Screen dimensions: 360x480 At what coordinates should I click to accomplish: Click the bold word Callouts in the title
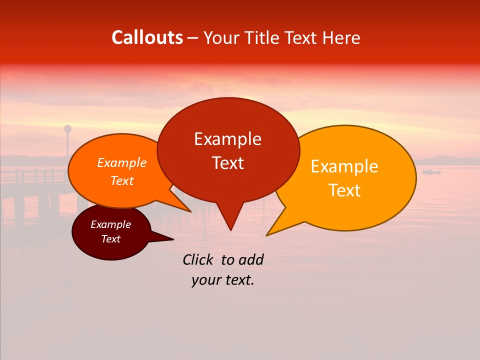click(147, 37)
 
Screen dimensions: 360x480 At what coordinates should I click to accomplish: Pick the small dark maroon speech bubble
click(95, 248)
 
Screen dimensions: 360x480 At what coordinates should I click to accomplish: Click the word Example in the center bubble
click(227, 139)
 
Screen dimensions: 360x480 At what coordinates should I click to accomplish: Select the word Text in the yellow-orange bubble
click(345, 190)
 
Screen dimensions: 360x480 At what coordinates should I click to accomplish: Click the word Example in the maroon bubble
click(110, 224)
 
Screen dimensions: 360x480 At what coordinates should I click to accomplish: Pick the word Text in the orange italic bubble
click(122, 181)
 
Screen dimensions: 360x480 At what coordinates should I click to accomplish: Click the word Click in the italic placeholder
click(198, 259)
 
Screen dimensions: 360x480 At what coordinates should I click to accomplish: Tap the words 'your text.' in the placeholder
click(223, 280)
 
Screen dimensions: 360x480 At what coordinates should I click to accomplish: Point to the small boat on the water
click(430, 172)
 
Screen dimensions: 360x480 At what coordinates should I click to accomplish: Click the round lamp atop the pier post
click(67, 129)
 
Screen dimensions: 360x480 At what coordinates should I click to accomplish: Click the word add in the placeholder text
click(251, 259)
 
